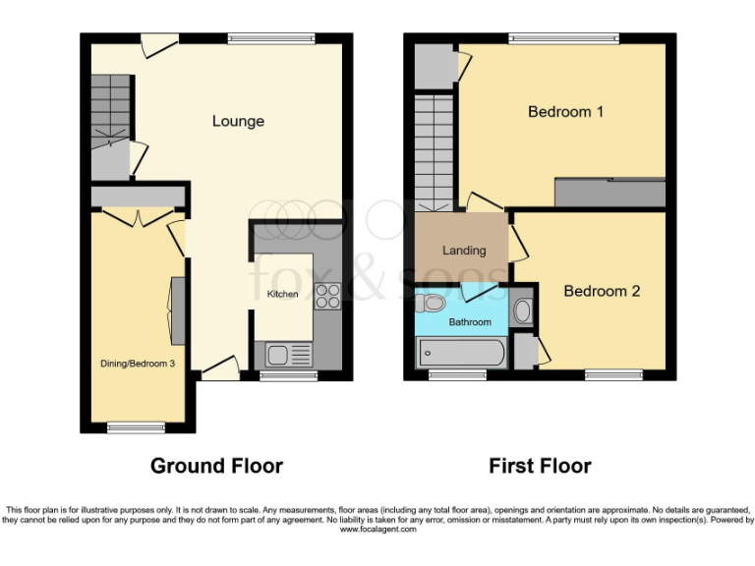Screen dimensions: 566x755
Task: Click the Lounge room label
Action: [238, 121]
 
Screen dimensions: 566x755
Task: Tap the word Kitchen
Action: [283, 294]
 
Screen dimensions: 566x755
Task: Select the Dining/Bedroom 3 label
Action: [138, 364]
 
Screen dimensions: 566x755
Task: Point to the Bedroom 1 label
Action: [565, 112]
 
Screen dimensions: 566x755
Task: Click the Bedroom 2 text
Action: [602, 291]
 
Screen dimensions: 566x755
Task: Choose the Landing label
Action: [464, 250]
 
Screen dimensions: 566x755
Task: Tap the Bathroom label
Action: [470, 322]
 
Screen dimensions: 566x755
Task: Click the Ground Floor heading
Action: [216, 466]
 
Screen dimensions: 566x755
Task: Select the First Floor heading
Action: [540, 466]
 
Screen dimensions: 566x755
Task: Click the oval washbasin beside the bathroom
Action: [523, 312]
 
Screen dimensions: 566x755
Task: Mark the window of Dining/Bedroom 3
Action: [137, 427]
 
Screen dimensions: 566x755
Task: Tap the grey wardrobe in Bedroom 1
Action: [610, 193]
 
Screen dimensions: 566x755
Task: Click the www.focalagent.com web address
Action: [377, 529]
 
